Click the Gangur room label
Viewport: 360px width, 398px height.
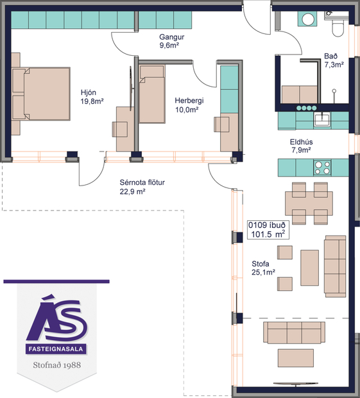tap(169, 42)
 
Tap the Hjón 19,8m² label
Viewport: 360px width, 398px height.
tap(92, 96)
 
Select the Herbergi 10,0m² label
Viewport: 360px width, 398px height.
tap(189, 105)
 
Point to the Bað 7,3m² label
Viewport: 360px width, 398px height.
tap(334, 60)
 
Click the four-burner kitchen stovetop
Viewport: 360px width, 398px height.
tap(321, 168)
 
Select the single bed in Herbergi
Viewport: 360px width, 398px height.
tap(153, 99)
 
